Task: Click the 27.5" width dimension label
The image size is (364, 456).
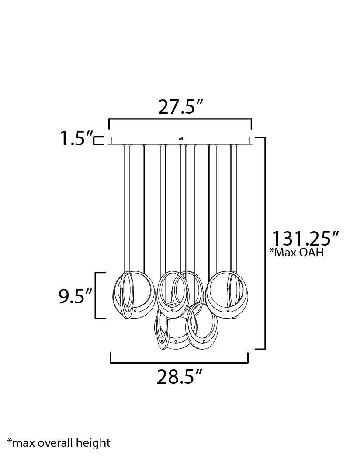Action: (180, 107)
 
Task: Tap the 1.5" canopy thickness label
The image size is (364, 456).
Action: (76, 138)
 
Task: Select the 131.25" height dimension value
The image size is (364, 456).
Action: (305, 239)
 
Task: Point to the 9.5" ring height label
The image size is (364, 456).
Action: (75, 296)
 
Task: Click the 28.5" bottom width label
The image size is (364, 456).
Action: (179, 377)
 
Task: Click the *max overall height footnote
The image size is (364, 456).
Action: (59, 443)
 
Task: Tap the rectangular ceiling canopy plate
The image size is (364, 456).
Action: (180, 140)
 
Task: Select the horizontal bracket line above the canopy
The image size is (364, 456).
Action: (180, 119)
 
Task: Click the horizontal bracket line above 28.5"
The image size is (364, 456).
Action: (179, 362)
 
